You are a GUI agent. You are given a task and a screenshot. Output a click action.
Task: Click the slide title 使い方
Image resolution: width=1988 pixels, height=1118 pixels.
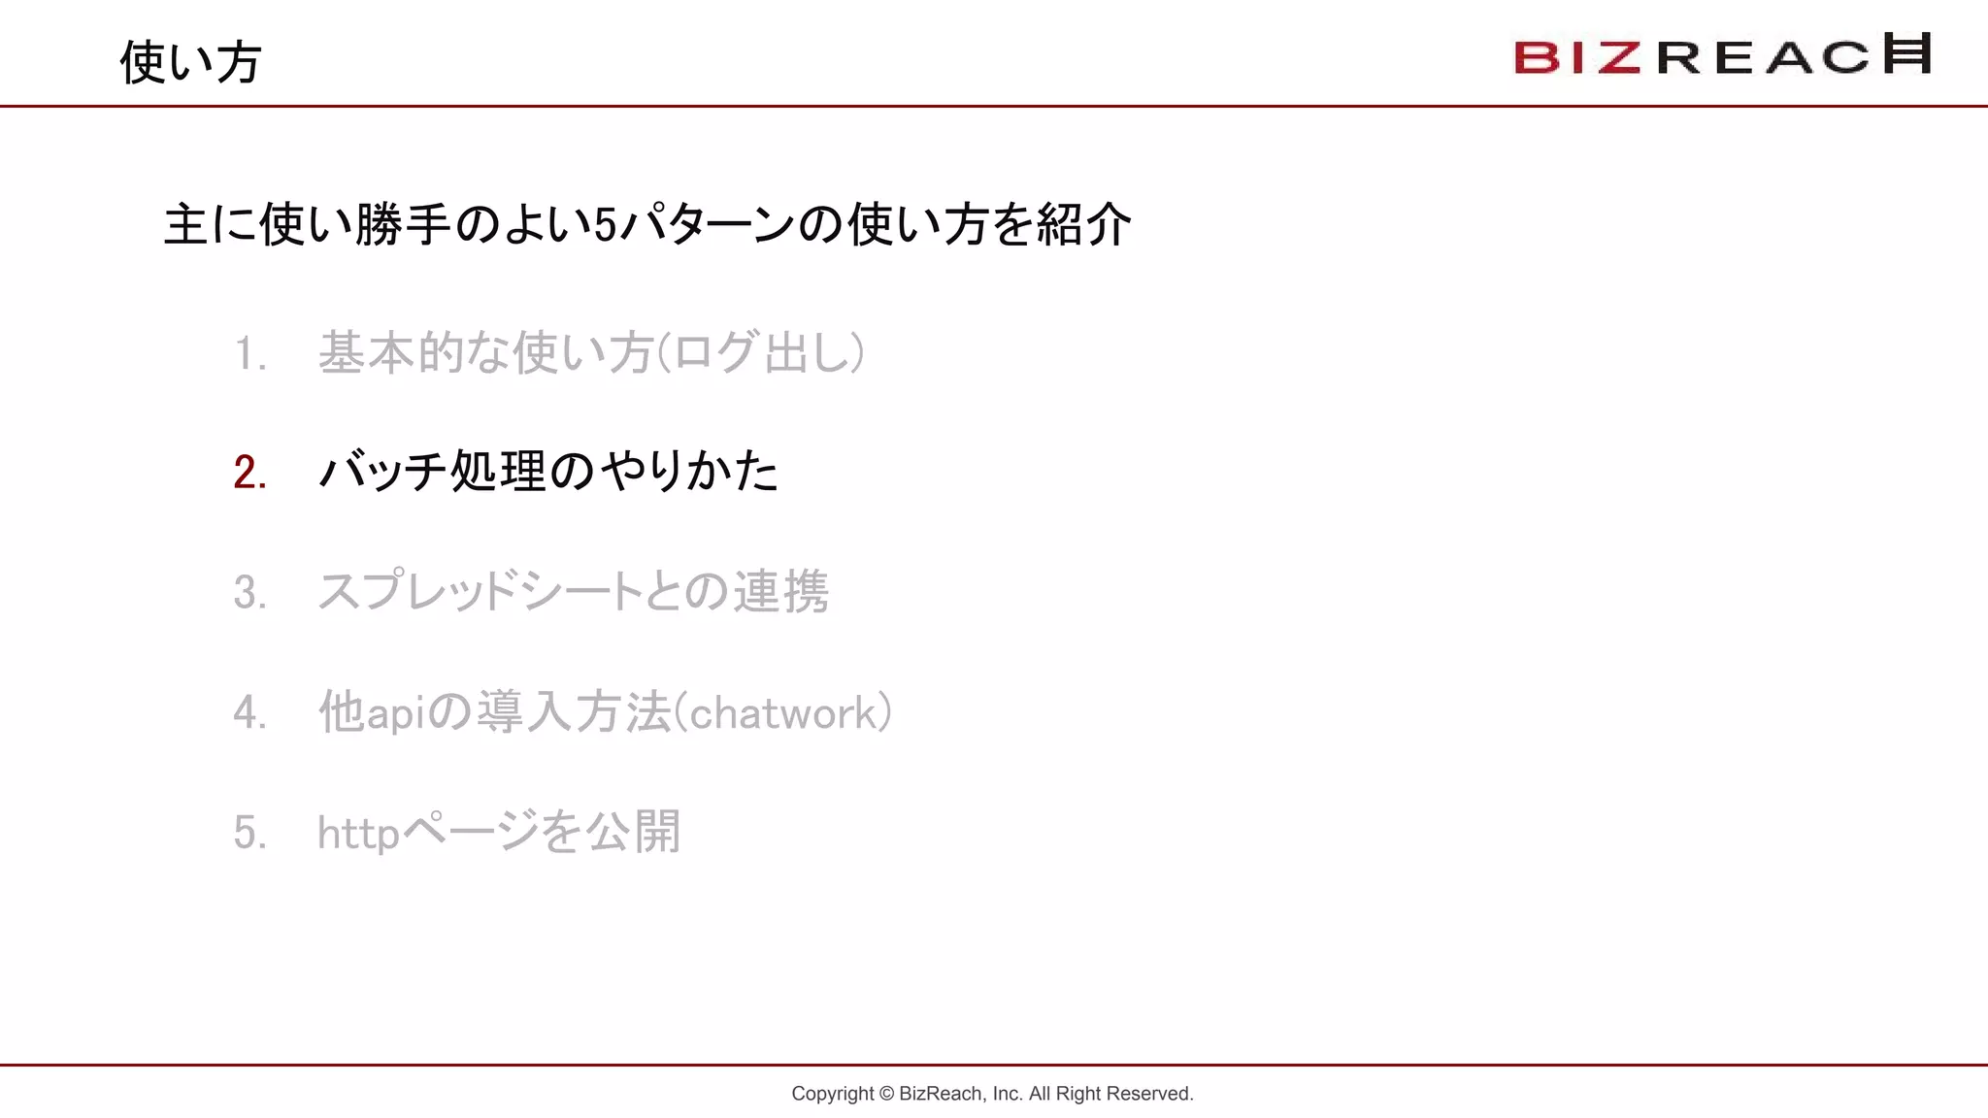(x=190, y=62)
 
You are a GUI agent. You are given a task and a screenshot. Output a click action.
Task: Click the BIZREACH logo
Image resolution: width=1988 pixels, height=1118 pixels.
(x=1722, y=54)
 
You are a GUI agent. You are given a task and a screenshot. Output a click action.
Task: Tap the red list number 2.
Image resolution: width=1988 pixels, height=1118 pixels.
(x=249, y=473)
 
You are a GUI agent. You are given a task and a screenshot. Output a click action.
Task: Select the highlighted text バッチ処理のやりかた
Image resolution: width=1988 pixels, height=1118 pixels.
(x=548, y=472)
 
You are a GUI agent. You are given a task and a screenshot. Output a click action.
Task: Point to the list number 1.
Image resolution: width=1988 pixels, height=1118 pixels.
(x=249, y=353)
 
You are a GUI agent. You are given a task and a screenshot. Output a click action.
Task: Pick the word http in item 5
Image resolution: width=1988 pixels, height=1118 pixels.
(x=358, y=833)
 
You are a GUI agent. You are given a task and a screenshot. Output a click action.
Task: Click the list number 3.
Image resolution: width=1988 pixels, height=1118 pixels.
(x=249, y=592)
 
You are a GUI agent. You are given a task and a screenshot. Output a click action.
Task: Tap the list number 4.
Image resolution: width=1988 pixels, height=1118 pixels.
(x=249, y=712)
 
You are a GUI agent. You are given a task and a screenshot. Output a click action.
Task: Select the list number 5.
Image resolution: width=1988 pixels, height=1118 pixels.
(x=249, y=833)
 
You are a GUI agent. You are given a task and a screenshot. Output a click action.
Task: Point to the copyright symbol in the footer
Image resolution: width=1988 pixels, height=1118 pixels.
(x=886, y=1094)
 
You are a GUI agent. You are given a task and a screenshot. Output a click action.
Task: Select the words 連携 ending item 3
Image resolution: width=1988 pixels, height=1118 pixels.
(x=780, y=592)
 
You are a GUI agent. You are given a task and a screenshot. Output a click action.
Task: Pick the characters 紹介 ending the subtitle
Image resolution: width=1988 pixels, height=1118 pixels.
(x=1083, y=225)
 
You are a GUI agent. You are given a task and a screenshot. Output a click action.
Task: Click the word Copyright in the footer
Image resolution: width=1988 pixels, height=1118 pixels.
(x=833, y=1094)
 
